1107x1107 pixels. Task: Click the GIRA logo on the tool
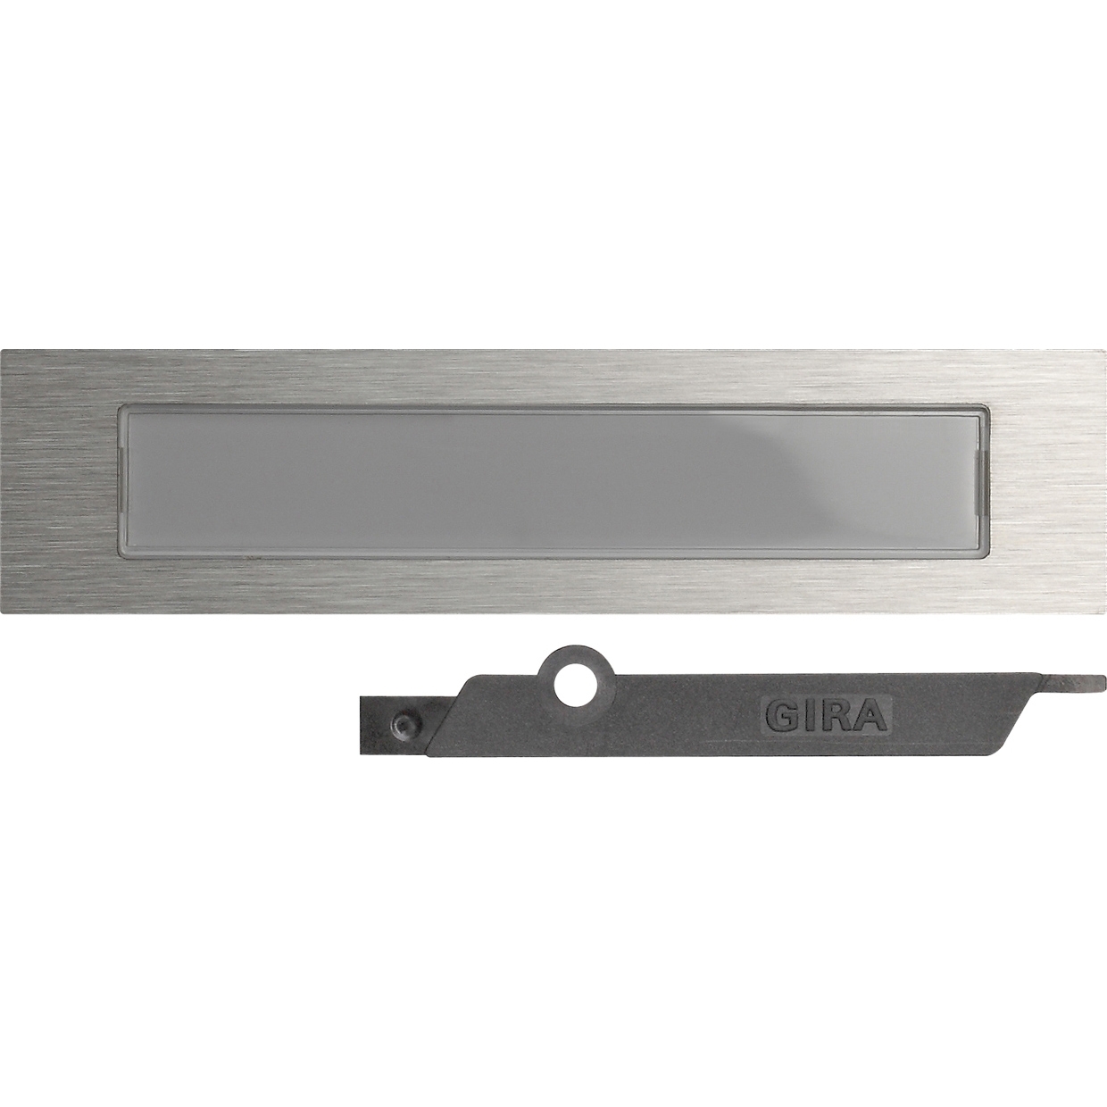(827, 714)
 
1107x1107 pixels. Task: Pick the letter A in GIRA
(869, 715)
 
